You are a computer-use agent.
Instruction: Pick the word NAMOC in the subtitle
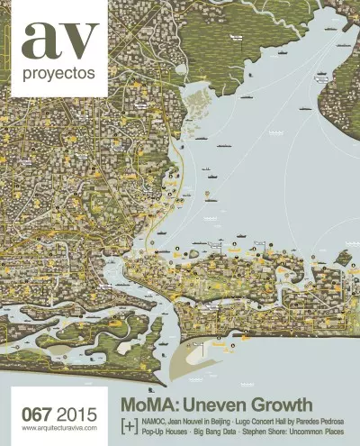tap(160, 420)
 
